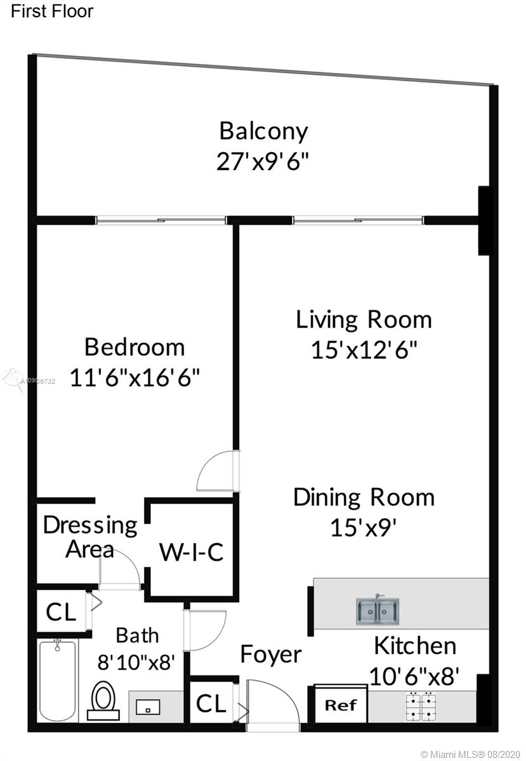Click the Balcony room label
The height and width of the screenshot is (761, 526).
point(263,132)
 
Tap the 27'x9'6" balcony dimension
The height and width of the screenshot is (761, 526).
point(263,161)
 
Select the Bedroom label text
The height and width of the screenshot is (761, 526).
point(135,348)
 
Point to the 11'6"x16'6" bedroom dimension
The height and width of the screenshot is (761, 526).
point(135,377)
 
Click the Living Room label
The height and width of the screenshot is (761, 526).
point(364,320)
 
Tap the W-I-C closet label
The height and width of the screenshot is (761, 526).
point(192,552)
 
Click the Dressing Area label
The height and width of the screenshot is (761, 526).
point(90,537)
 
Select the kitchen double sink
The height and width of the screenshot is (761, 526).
point(378,611)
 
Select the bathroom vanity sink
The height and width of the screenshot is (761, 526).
point(148,707)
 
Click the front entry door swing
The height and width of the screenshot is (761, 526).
point(273,701)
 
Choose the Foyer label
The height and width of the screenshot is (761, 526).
point(271,654)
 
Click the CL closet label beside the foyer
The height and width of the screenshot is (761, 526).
point(211,703)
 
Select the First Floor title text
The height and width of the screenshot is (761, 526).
point(52,11)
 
